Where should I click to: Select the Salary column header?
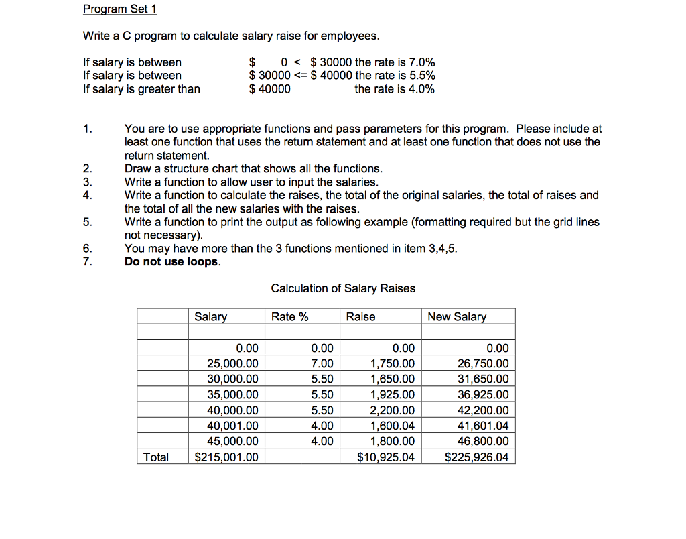210,316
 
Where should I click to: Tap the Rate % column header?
289,316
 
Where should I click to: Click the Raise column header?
360,316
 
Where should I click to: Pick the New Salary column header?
457,316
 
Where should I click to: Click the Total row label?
156,457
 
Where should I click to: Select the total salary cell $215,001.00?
226,457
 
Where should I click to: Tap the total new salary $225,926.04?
476,457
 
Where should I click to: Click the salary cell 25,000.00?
232,364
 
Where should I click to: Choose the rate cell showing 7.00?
322,364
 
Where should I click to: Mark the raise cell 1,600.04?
393,426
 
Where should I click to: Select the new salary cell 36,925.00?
482,395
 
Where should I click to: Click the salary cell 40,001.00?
232,426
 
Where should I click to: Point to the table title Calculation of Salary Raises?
343,288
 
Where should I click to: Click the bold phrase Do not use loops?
172,262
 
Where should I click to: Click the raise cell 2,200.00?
393,410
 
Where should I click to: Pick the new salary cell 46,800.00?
482,441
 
